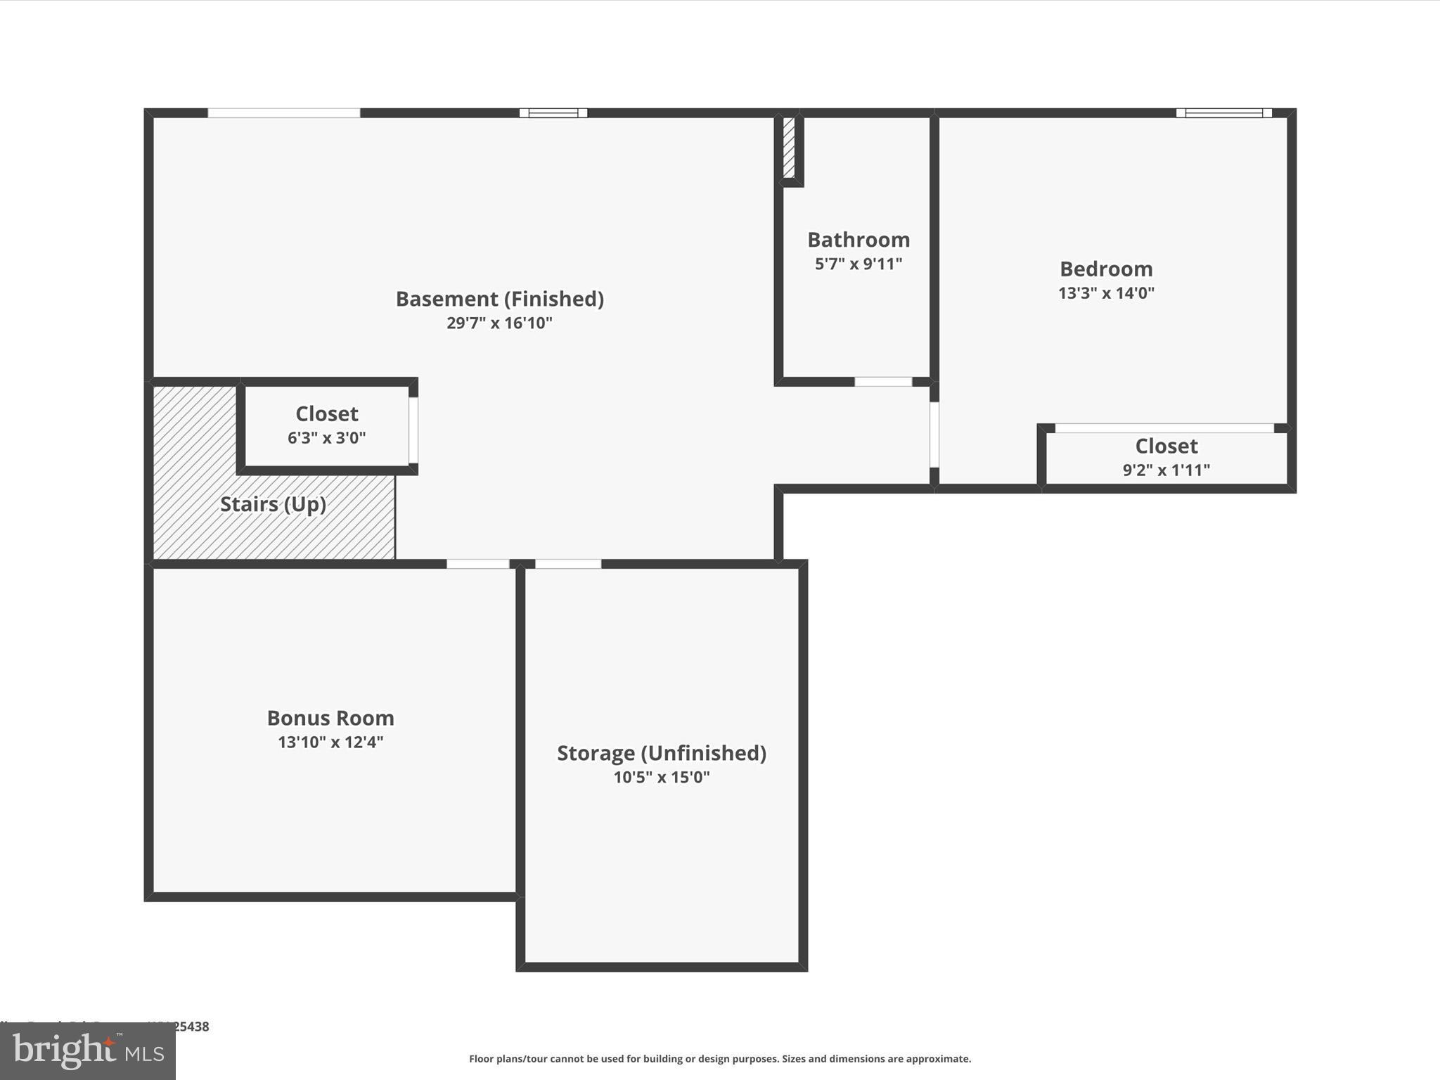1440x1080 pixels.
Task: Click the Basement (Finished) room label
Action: [499, 299]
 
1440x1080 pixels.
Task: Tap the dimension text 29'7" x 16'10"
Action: [499, 323]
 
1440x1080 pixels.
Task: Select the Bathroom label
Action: [859, 240]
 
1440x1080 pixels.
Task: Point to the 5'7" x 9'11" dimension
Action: [859, 264]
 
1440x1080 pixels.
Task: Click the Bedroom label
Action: [1106, 269]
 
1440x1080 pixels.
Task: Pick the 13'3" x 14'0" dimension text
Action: [1106, 292]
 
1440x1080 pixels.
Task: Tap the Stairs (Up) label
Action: [273, 504]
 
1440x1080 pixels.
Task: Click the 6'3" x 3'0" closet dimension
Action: [326, 437]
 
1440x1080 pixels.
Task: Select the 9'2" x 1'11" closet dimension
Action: [1166, 470]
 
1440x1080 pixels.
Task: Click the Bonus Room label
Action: [330, 718]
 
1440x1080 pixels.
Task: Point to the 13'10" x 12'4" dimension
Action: [330, 742]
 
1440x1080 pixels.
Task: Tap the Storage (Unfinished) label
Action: [661, 753]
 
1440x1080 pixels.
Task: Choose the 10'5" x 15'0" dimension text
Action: [661, 777]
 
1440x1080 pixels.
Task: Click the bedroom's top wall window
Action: [1223, 112]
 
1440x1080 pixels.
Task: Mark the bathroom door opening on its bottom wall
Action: [883, 382]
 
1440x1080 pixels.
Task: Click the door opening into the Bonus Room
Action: [478, 564]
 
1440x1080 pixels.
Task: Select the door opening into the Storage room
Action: [568, 564]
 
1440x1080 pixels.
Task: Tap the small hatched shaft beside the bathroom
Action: [789, 148]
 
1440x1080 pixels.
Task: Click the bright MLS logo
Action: [88, 1052]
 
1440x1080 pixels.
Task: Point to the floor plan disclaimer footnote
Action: [720, 1059]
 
